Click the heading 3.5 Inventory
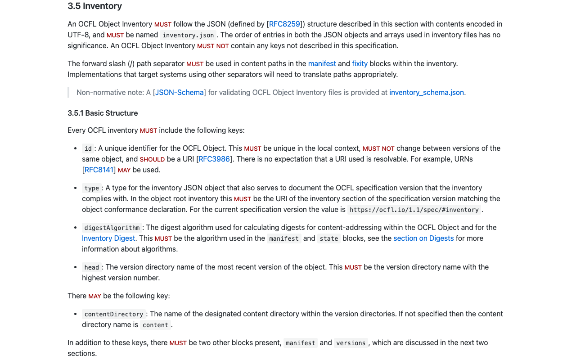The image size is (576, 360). tap(94, 6)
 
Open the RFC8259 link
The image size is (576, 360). tap(284, 24)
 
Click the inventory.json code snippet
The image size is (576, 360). tap(188, 35)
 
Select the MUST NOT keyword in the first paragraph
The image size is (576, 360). tap(213, 46)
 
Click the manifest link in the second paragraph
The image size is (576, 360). tap(322, 63)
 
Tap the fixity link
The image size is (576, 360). tap(360, 63)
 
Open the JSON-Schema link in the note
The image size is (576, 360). tap(180, 92)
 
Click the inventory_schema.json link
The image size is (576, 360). tap(426, 92)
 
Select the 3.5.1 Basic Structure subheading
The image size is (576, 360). tap(103, 113)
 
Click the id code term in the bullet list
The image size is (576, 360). tap(88, 148)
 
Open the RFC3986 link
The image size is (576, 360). tap(214, 159)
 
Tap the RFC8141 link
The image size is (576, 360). tap(99, 170)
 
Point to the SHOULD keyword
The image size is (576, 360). tap(152, 159)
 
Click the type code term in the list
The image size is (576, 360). tap(92, 188)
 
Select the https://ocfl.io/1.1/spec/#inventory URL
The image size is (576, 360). tap(414, 210)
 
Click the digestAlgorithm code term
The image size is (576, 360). tap(112, 228)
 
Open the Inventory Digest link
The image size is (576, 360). tap(108, 238)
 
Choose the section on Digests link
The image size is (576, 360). tap(423, 238)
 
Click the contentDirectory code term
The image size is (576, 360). tap(114, 314)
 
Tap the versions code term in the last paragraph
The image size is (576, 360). tap(351, 343)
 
